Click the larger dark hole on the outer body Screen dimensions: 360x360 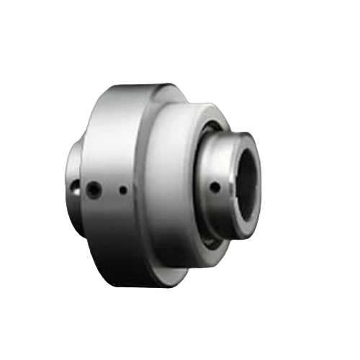pos(93,190)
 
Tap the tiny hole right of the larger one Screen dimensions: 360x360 pos(123,191)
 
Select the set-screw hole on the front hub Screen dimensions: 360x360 pos(215,187)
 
